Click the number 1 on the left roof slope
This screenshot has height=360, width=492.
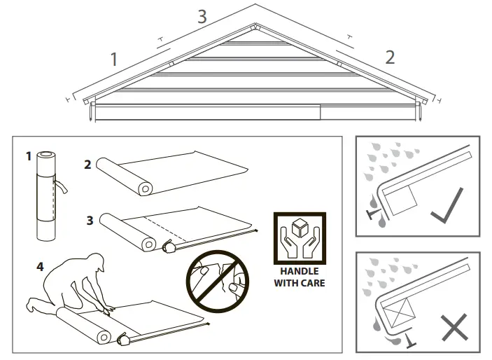[x=114, y=59]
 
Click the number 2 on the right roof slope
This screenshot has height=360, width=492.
[x=390, y=56]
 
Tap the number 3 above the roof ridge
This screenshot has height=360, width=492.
[x=202, y=16]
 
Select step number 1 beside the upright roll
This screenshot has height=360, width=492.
[x=29, y=156]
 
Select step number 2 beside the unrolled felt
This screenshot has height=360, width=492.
[x=87, y=165]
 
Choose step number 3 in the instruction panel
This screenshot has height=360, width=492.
[x=90, y=220]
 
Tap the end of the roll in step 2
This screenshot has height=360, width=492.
[x=145, y=188]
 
